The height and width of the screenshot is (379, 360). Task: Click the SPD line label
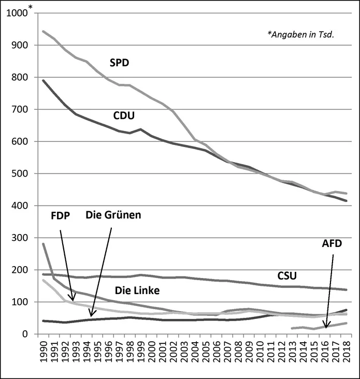[119, 64]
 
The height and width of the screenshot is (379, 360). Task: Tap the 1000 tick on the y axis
[16, 13]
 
